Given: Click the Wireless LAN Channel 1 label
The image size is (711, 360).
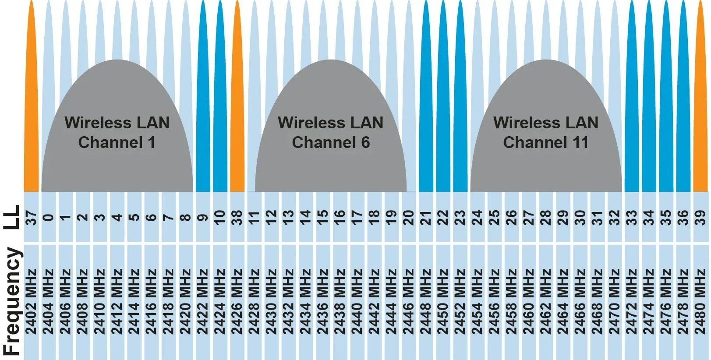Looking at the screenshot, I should (x=117, y=132).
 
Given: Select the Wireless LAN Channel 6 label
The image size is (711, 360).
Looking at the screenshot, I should (x=331, y=132).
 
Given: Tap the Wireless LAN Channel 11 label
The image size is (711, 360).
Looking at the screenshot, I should (x=546, y=132).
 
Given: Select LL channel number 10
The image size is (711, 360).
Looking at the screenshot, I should (x=220, y=217).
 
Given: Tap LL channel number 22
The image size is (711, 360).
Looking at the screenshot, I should (x=443, y=217).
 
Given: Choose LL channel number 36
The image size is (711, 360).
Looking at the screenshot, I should (x=683, y=217).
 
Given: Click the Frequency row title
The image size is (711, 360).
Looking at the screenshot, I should (x=12, y=301).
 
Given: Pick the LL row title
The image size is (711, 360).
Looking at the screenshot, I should (x=12, y=217).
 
